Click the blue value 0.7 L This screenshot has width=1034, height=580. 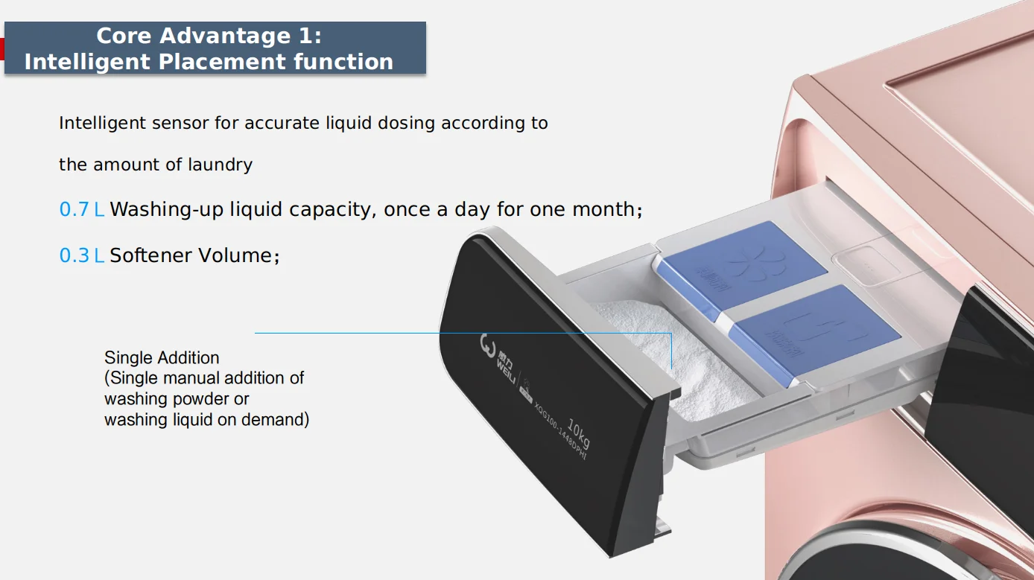pos(81,210)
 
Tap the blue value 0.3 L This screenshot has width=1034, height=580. pos(81,256)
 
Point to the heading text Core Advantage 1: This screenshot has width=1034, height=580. pos(209,36)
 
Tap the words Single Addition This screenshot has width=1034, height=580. pos(162,358)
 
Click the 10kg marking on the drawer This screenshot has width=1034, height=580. pos(579,433)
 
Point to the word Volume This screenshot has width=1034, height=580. pos(241,256)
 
